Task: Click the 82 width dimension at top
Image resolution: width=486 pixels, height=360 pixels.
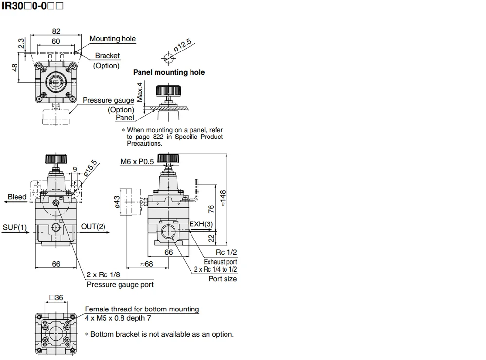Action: [56, 31]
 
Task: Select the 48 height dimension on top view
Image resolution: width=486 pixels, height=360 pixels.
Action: [14, 68]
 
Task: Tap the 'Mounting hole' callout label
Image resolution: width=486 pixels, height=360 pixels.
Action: [112, 39]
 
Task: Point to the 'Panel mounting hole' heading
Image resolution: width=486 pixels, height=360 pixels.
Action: [169, 72]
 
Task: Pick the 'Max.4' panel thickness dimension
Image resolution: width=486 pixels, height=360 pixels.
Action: [140, 92]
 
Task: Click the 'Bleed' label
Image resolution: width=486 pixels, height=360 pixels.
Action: [17, 197]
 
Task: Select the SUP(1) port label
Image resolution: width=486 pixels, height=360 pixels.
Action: [15, 227]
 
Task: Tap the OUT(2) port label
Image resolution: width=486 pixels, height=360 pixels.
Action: [93, 227]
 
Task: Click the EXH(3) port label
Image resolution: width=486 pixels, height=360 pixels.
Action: [201, 224]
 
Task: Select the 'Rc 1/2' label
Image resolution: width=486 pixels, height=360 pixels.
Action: [226, 252]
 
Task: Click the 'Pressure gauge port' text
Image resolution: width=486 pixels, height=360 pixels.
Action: [120, 284]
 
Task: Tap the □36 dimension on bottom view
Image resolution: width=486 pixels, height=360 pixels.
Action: [56, 298]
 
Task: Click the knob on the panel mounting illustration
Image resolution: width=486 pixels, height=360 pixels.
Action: [168, 91]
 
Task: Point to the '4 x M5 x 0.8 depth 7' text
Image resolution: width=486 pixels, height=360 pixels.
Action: [118, 318]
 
